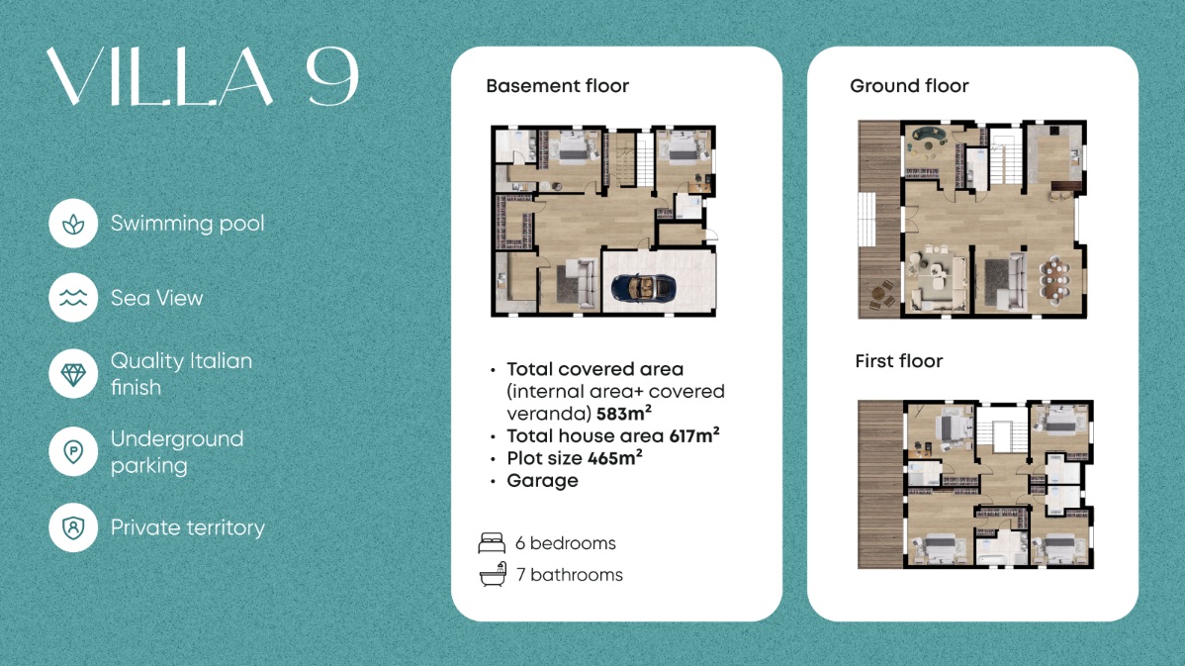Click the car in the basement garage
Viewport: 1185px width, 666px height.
click(x=643, y=287)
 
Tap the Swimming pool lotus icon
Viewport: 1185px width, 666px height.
click(x=73, y=224)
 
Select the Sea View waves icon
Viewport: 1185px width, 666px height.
click(x=73, y=298)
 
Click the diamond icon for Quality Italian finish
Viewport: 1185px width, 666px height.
click(x=73, y=373)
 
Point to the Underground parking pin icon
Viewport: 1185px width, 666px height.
click(x=73, y=451)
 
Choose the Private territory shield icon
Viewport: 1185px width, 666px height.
click(x=73, y=526)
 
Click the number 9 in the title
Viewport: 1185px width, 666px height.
click(x=331, y=77)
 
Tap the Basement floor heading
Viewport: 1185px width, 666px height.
click(x=558, y=86)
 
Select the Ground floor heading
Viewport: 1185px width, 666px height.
click(x=909, y=86)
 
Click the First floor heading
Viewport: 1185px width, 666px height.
click(x=898, y=361)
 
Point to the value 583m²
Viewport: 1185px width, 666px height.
click(x=623, y=414)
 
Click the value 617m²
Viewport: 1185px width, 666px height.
click(x=693, y=435)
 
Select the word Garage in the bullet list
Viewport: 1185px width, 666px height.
click(x=543, y=481)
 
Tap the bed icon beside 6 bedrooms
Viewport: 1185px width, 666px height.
click(x=492, y=542)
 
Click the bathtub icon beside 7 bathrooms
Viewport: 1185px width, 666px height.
click(x=492, y=575)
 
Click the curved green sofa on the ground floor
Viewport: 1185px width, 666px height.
click(x=929, y=138)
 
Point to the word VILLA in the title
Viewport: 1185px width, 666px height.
click(x=159, y=77)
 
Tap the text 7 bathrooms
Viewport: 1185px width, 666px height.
click(x=570, y=575)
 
